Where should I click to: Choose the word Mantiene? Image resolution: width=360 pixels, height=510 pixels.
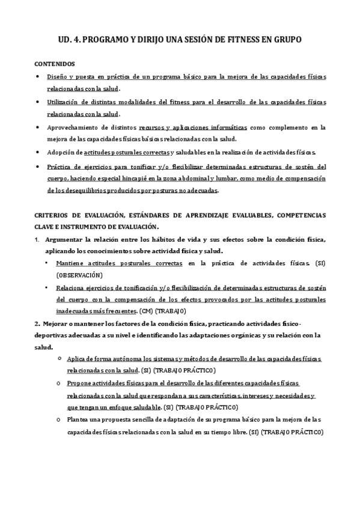[71, 263]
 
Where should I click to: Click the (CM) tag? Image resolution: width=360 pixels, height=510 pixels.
[146, 312]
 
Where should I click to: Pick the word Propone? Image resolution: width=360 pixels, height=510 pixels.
[81, 383]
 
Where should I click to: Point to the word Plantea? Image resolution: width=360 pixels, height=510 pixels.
[80, 420]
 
